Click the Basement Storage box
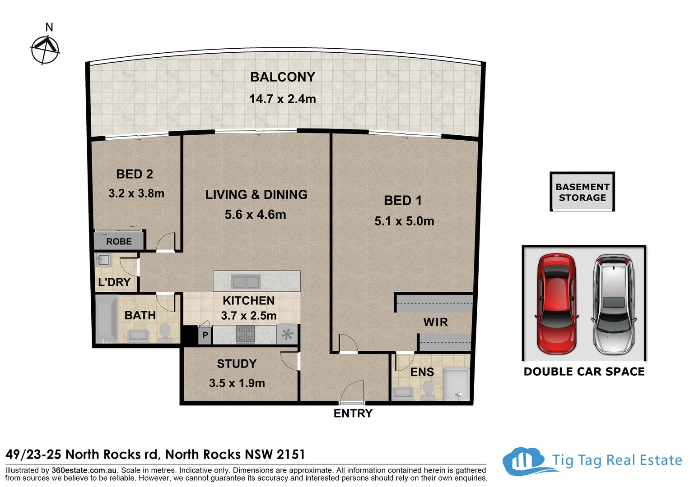(582, 192)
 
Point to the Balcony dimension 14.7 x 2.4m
(283, 99)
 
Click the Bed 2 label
(135, 174)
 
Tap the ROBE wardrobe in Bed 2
(119, 240)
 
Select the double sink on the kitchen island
(246, 282)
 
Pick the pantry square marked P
(205, 335)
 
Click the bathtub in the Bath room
(107, 319)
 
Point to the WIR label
(435, 322)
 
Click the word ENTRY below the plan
(353, 413)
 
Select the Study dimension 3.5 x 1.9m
(237, 383)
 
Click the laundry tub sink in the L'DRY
(103, 260)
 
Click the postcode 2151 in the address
(291, 455)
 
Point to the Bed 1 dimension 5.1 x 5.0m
(404, 221)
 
